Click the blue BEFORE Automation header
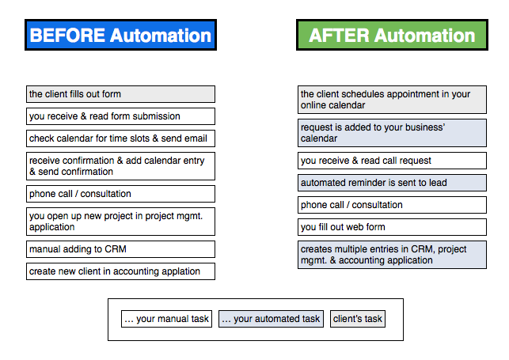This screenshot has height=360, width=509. coord(121,35)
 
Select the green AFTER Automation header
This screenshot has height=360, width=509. coord(392,35)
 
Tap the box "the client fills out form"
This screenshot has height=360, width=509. coord(120,94)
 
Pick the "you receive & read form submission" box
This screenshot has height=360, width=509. coord(120,116)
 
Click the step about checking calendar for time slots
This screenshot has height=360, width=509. coord(120,138)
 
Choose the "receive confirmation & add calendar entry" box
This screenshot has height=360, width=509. coord(120,166)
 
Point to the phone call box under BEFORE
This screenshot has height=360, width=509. coord(120,194)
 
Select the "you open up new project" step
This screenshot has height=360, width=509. coord(120,222)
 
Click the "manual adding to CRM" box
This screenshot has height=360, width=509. coord(120,249)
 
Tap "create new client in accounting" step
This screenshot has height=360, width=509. coord(120,271)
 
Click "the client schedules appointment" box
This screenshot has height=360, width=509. coord(392,100)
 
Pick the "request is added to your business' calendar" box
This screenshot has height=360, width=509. coord(392,133)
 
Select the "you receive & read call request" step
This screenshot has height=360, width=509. coord(392,161)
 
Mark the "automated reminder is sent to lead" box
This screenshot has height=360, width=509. coord(392,183)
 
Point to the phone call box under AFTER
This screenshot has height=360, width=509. coord(392,205)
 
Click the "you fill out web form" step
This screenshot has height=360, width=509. coord(392,227)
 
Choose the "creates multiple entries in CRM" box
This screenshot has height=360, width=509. coord(392,255)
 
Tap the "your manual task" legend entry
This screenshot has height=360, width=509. coord(166,319)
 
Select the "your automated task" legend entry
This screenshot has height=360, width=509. coord(271,319)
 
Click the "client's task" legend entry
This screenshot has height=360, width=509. coord(358,319)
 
